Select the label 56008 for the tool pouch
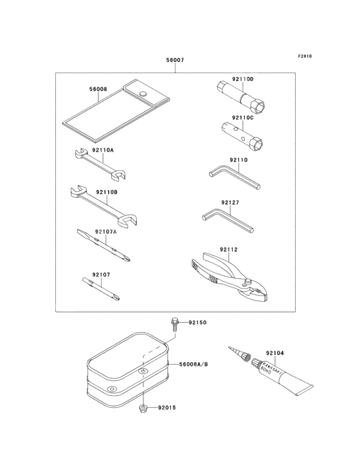tap(98, 90)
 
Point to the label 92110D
tap(243, 79)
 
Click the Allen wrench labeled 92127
tap(228, 221)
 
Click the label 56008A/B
tap(193, 363)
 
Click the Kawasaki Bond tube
tap(286, 377)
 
